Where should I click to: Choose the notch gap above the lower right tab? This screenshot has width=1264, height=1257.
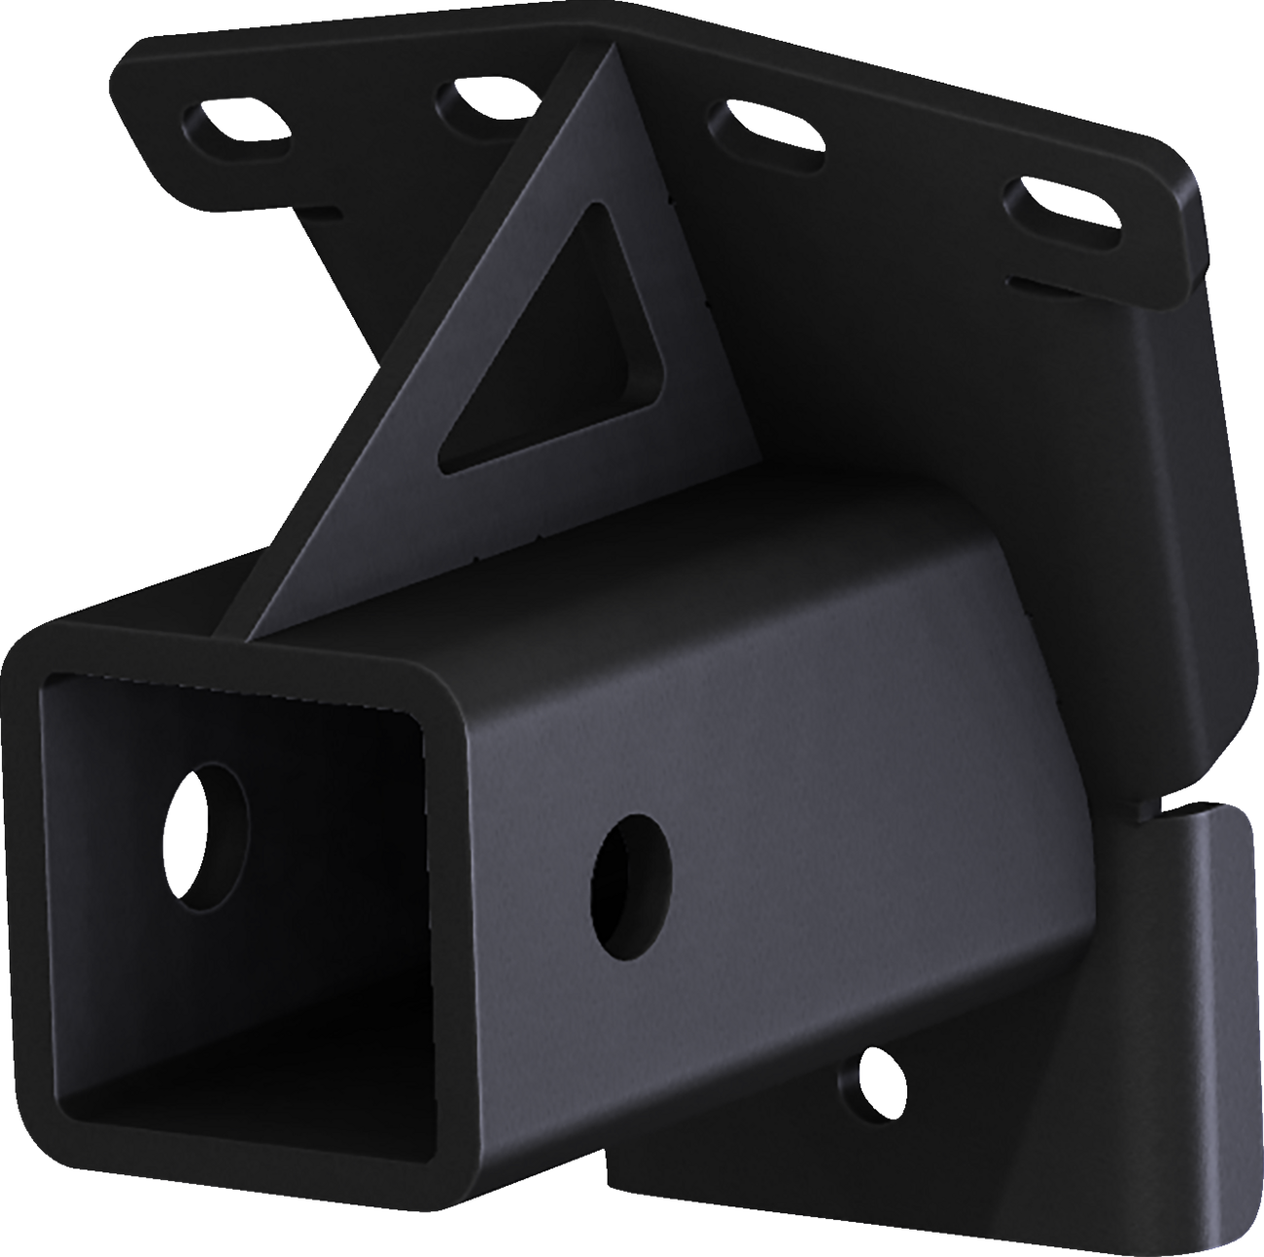click(1172, 808)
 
